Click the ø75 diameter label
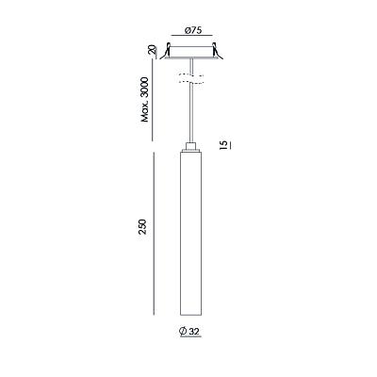pyautogui.click(x=193, y=30)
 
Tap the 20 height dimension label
pyautogui.click(x=152, y=50)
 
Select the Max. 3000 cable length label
pyautogui.click(x=145, y=99)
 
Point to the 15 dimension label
pyautogui.click(x=223, y=145)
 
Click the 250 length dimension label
pyautogui.click(x=142, y=227)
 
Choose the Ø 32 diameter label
pyautogui.click(x=189, y=331)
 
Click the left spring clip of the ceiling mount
pyautogui.click(x=166, y=51)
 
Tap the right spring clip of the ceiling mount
pyautogui.click(x=218, y=51)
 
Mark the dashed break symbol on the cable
pyautogui.click(x=191, y=79)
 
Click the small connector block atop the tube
pyautogui.click(x=191, y=147)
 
